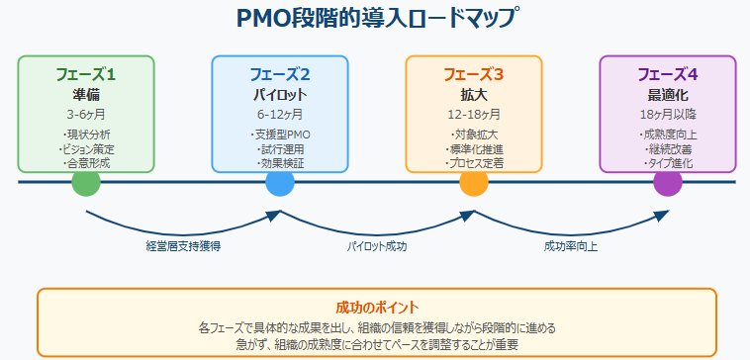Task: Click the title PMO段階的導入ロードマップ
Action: (x=376, y=19)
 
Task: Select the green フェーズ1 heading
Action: (x=86, y=74)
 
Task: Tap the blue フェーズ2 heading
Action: (x=280, y=74)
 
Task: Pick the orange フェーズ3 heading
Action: (x=474, y=74)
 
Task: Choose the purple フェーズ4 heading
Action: (x=668, y=74)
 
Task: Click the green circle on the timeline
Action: (x=86, y=183)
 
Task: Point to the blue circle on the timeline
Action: (x=280, y=183)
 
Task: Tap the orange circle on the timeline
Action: (x=474, y=183)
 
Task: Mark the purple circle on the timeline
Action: (x=668, y=183)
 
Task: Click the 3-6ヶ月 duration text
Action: (x=86, y=115)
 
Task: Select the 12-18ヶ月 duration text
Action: (x=474, y=115)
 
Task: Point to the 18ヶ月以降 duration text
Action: (x=668, y=115)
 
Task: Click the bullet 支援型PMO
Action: (x=280, y=135)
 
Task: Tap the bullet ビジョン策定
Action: (x=86, y=148)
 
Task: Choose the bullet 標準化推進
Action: (x=474, y=148)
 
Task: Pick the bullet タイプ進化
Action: (x=668, y=162)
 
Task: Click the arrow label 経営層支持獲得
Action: (x=183, y=245)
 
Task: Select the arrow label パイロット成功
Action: (x=377, y=245)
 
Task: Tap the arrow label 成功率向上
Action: (x=571, y=245)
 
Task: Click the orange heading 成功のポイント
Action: (x=376, y=307)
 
